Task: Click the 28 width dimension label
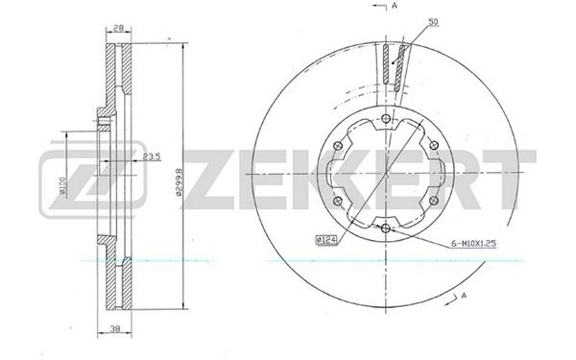click(118, 28)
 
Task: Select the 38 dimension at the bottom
click(115, 329)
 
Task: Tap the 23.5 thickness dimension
click(152, 156)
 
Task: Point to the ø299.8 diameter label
click(179, 182)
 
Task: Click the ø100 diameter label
click(62, 185)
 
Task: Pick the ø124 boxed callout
click(326, 240)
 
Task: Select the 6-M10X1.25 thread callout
click(473, 243)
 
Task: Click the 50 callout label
click(434, 22)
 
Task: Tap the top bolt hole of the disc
click(386, 119)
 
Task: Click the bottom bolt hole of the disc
click(386, 228)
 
